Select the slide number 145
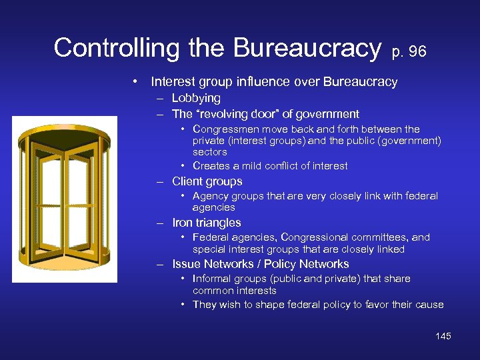443,336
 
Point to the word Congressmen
224,129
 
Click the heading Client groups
207,181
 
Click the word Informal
212,279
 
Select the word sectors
209,152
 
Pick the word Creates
211,166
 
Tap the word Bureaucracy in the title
307,47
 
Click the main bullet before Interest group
135,82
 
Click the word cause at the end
429,305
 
